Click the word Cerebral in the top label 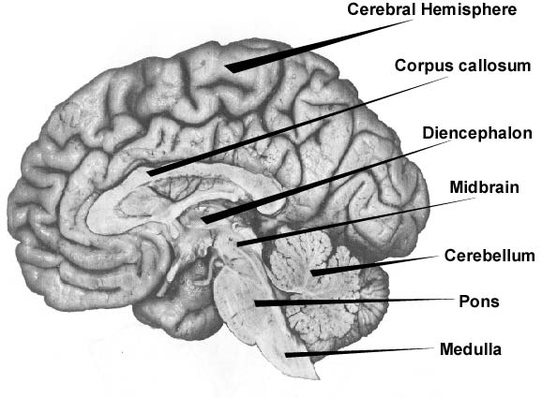(x=382, y=9)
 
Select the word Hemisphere (x=469, y=9)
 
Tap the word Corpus (x=419, y=66)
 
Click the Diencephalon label (x=477, y=133)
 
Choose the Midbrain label (x=484, y=187)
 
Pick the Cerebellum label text (x=489, y=256)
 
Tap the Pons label (x=479, y=302)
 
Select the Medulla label (x=471, y=349)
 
